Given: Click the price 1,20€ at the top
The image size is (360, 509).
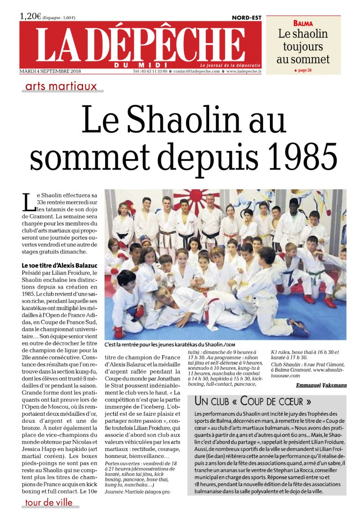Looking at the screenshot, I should point(30,16).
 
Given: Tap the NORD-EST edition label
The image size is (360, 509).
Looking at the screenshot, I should point(247,18).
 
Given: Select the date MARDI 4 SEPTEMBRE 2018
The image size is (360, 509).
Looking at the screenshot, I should point(50,71).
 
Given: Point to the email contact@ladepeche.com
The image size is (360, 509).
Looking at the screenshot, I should point(196,71).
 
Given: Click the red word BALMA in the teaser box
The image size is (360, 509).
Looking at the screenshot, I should point(303,23).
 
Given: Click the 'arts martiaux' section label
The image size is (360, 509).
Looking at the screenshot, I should point(61,86).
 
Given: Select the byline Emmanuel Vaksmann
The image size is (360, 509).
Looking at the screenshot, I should point(321,385).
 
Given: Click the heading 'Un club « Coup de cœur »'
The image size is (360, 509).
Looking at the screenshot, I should point(253,402).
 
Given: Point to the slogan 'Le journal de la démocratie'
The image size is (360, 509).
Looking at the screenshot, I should point(230,65).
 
